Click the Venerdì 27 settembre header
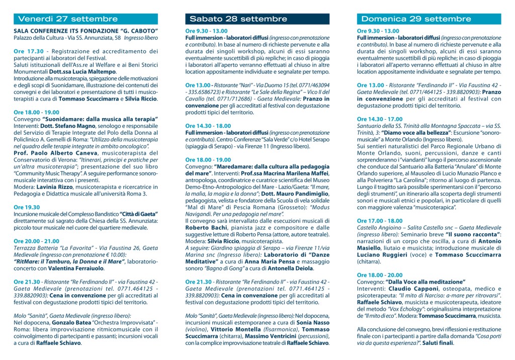tap(68, 19)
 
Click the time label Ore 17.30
tap(26, 51)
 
